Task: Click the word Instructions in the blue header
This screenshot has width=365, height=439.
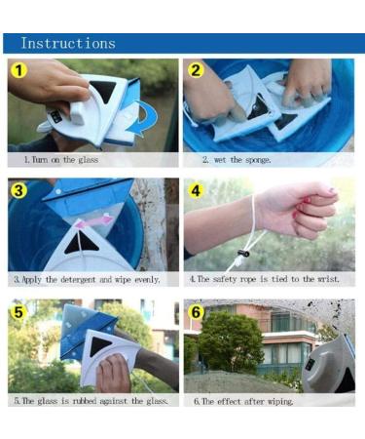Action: [x=68, y=43]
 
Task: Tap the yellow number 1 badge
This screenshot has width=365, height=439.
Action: [x=18, y=70]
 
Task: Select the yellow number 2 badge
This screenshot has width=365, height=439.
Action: [x=196, y=70]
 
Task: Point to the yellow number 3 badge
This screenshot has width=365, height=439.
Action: [x=18, y=190]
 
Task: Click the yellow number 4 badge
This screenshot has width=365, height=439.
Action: [x=196, y=190]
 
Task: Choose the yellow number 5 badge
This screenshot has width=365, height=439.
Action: [x=18, y=312]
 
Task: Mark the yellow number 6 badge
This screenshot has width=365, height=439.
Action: [x=197, y=312]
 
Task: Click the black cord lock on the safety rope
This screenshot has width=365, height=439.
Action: [x=243, y=254]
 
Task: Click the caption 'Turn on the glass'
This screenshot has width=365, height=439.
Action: [x=61, y=160]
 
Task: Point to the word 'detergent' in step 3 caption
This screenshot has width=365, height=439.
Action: [x=78, y=280]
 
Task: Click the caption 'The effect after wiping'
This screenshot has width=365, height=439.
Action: [x=243, y=402]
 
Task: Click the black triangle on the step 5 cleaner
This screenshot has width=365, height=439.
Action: [x=99, y=345]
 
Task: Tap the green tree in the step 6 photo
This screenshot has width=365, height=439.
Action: [x=231, y=339]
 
